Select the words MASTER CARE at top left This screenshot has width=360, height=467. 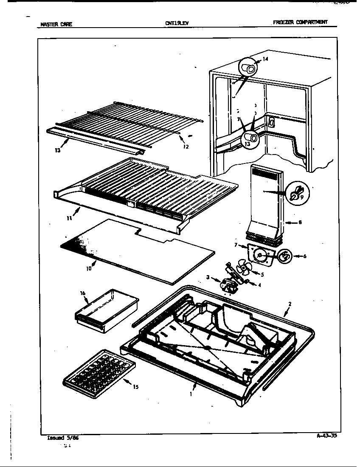point(56,24)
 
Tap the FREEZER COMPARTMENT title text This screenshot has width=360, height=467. point(300,23)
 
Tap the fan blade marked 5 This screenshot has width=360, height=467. point(245,268)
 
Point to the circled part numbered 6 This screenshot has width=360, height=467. point(284,256)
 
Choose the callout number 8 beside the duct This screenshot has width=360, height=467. point(300,222)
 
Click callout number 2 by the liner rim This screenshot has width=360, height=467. point(290,304)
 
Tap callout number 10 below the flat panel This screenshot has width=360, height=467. point(89,268)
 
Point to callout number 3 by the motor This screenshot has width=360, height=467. point(208,277)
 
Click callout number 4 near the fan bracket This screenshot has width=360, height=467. point(259,285)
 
